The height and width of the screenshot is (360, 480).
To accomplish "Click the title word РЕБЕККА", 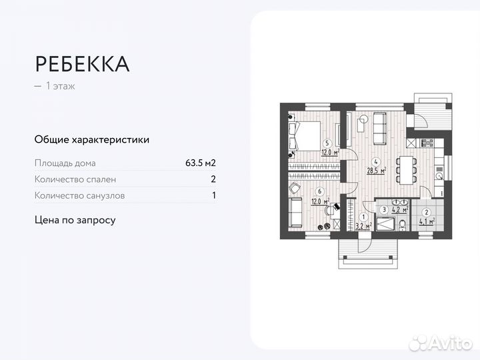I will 82,64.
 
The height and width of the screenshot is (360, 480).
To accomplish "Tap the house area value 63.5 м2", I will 200,163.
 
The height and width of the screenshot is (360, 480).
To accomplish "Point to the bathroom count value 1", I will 213,196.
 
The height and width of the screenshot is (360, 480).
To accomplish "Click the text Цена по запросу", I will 75,219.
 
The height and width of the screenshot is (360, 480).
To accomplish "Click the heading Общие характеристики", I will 92,140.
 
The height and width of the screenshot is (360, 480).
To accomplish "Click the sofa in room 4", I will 379,129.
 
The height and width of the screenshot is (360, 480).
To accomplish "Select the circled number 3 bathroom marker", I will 384,209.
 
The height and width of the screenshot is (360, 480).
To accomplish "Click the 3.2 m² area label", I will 363,226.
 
